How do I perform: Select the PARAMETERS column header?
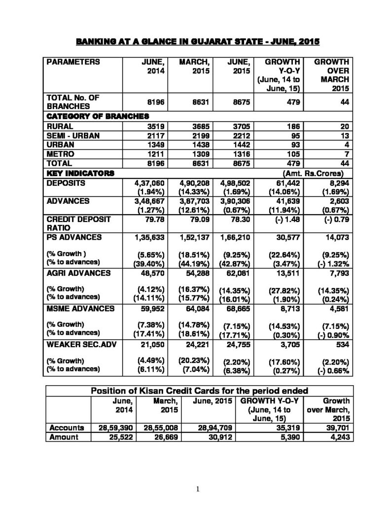click(72, 62)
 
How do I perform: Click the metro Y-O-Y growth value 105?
click(294, 154)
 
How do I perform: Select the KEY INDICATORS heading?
click(80, 173)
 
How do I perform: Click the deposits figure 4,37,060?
click(150, 182)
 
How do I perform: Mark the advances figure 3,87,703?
click(194, 202)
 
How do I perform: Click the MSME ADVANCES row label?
click(81, 309)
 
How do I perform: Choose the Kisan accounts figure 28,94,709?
click(214, 427)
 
